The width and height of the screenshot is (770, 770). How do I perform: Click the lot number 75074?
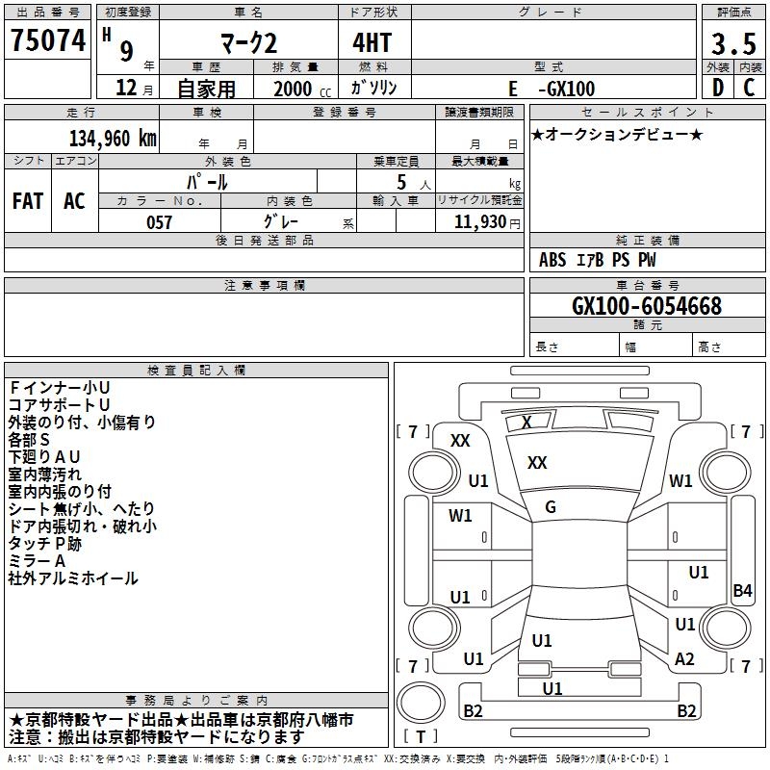[48, 39]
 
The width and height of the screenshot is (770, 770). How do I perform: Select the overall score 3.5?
[733, 43]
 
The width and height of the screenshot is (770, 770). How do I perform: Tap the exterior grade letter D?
[717, 88]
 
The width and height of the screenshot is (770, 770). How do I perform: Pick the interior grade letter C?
[749, 88]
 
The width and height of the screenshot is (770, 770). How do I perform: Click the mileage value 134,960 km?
[113, 139]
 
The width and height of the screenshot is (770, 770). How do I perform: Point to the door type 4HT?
[372, 42]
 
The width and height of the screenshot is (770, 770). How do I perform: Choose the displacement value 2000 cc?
[302, 89]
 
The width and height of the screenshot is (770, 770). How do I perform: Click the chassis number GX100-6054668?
[647, 306]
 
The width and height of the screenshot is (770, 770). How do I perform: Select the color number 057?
[159, 222]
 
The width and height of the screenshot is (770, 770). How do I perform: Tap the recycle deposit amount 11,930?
[479, 222]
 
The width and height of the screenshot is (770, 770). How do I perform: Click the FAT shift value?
[28, 201]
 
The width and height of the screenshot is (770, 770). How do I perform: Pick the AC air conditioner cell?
[74, 201]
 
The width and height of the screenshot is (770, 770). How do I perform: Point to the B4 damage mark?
[742, 590]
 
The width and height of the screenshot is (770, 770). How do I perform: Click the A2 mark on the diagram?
[684, 659]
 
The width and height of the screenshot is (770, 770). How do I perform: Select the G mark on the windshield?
[551, 507]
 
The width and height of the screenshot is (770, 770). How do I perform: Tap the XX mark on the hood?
[537, 463]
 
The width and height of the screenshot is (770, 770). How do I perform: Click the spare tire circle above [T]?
[421, 703]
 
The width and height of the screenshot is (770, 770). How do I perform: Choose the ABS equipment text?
[552, 260]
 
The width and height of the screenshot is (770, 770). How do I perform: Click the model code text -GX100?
[567, 89]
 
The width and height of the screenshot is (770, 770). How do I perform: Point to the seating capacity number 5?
[401, 183]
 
